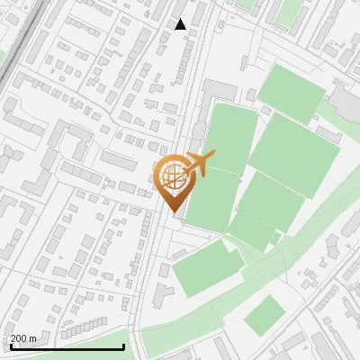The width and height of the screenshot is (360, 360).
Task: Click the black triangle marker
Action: [180, 24]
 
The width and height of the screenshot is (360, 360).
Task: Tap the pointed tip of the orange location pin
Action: [172, 212]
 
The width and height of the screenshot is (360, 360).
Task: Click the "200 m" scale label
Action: [23, 338]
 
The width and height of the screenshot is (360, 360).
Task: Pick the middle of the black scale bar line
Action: [67, 347]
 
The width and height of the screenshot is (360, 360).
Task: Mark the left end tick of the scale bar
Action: [10, 346]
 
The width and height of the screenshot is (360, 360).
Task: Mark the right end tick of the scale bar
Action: [123, 346]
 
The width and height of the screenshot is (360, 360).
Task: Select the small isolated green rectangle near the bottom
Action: [264, 314]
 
